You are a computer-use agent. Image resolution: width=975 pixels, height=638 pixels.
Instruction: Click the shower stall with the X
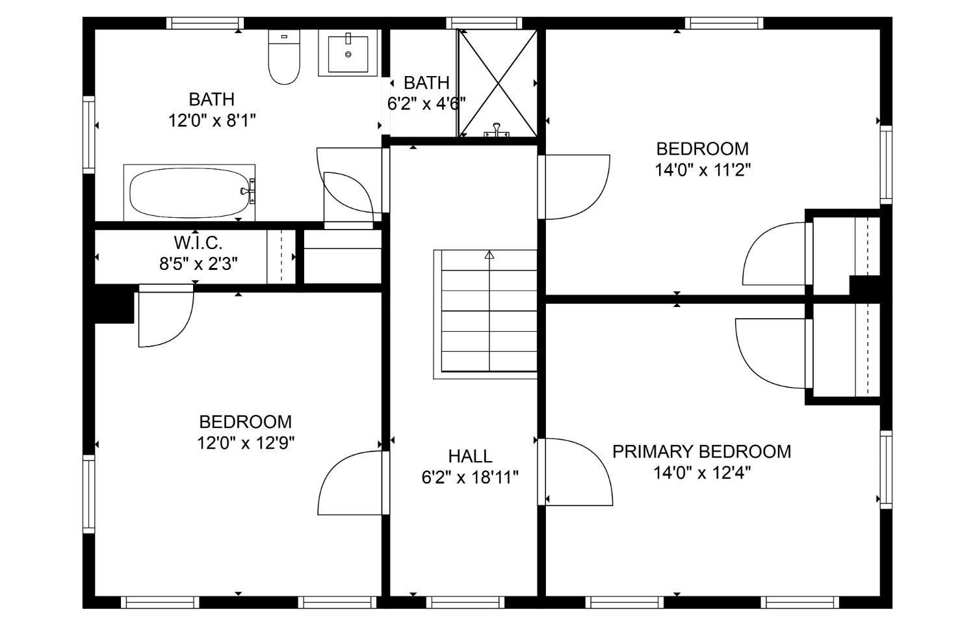pos(498,83)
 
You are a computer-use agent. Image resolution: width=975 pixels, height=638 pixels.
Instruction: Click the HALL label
pos(470,456)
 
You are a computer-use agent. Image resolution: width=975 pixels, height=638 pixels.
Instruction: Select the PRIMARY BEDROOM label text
pos(701,451)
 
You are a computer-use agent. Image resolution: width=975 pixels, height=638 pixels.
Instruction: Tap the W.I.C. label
pos(198,243)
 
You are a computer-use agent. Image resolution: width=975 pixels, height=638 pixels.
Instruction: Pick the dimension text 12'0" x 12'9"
pos(246,444)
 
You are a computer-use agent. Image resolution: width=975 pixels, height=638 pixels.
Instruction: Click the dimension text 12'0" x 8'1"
pos(212,120)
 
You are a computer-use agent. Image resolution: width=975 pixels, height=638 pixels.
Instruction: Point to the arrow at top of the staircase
pos(489,255)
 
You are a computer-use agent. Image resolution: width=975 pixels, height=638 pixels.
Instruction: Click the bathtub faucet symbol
pos(249,191)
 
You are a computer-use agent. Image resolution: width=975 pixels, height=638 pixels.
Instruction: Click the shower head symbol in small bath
pos(497,131)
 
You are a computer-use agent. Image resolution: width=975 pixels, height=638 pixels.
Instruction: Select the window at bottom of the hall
pos(465,602)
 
